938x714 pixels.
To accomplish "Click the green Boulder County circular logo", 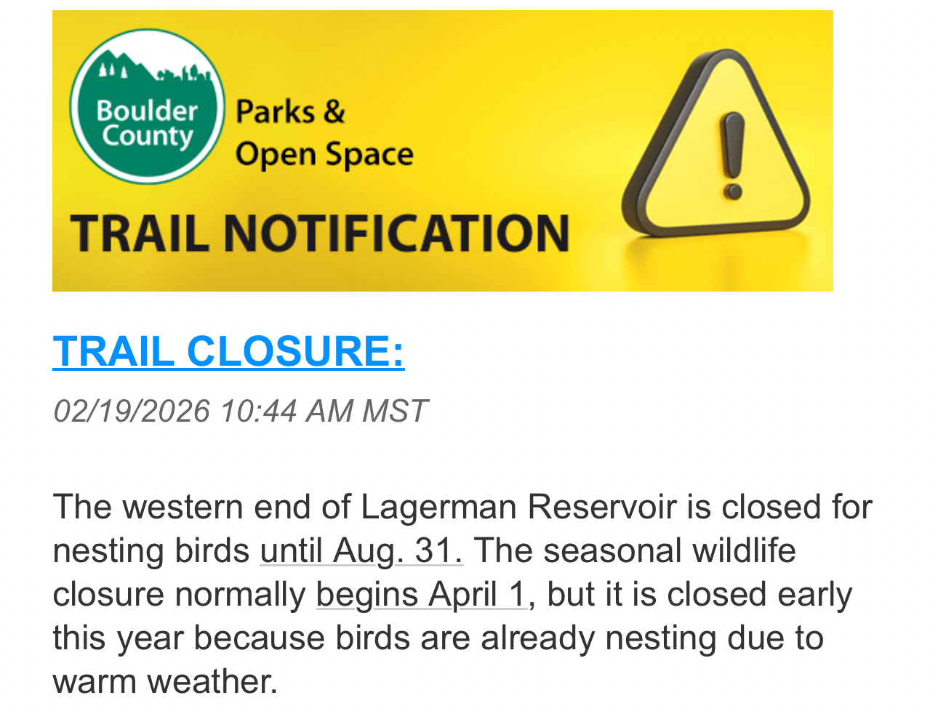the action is [x=148, y=106].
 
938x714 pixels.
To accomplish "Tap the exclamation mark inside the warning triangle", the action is [x=733, y=156].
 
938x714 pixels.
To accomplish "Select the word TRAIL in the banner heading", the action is [x=140, y=233].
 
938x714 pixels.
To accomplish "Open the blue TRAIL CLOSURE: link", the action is [x=228, y=351].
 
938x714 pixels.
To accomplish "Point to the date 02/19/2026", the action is [x=132, y=411].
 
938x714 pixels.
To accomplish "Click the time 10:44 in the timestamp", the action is [x=258, y=411].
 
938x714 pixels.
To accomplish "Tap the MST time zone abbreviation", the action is [x=395, y=411].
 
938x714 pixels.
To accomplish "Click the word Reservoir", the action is [x=602, y=508].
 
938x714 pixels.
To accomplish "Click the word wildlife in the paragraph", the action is [x=745, y=551].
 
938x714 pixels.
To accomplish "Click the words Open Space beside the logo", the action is [x=324, y=154].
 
